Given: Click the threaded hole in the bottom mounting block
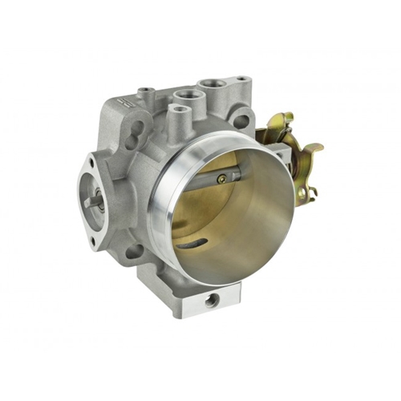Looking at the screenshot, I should click(212, 299).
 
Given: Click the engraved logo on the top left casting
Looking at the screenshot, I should click(123, 101).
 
